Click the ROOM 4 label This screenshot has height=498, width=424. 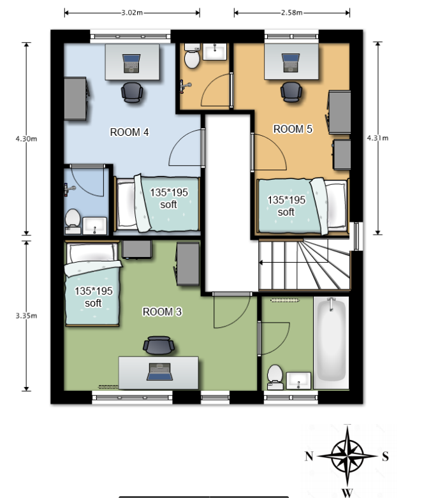(129, 132)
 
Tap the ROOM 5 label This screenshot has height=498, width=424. (293, 129)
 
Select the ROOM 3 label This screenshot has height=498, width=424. (162, 312)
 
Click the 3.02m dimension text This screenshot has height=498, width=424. (132, 13)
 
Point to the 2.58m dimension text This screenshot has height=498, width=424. (291, 13)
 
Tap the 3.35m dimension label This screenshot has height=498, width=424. (26, 316)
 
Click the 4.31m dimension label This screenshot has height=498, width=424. (377, 138)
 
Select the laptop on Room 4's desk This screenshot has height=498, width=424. (131, 64)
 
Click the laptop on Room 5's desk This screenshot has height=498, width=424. (291, 63)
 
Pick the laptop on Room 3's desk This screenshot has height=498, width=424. (160, 372)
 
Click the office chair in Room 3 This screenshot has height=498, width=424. (159, 345)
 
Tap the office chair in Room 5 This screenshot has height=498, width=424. (291, 92)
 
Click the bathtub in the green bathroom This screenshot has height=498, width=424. (332, 343)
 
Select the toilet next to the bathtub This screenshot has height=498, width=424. (275, 377)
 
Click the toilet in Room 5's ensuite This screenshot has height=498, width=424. (192, 56)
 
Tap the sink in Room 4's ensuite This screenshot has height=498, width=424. (94, 226)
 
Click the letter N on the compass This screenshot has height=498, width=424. (309, 456)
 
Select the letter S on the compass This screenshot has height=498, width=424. (385, 457)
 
